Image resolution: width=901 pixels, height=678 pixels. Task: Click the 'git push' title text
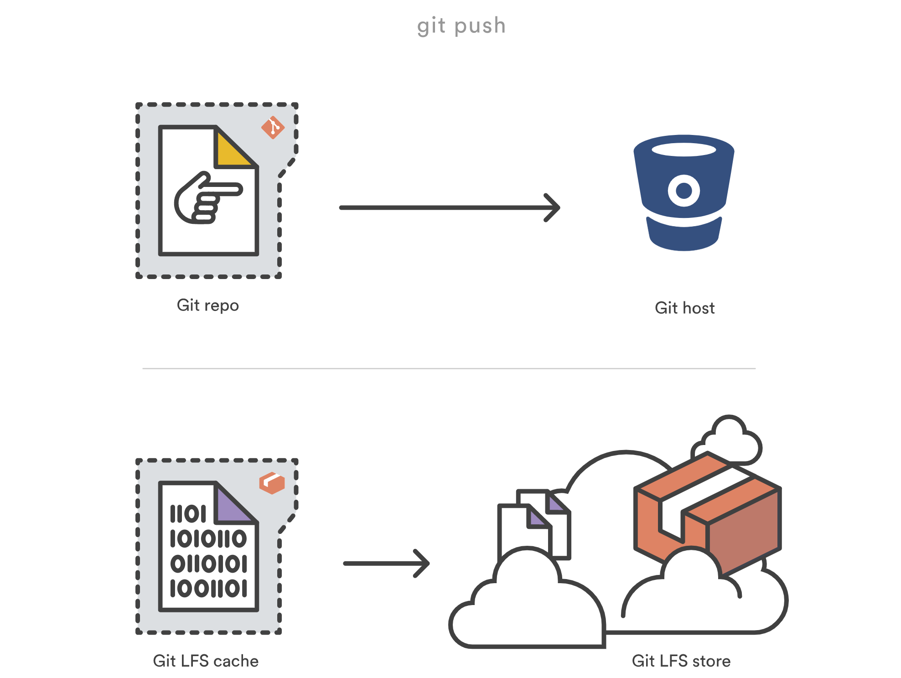pos(461,26)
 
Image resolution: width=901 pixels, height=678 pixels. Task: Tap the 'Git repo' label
pos(207,305)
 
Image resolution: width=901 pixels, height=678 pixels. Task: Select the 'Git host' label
pos(684,308)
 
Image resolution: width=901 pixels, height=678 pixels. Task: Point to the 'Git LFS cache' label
pos(206,661)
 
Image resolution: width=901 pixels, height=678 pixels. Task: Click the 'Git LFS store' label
pos(681,661)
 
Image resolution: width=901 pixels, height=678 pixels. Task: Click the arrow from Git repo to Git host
pos(449,207)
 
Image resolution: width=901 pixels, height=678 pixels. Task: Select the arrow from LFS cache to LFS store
pos(386,564)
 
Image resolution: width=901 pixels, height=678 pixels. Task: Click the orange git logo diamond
pos(273,128)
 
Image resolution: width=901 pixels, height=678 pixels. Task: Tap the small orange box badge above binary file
pos(272,483)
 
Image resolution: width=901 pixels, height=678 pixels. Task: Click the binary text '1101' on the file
pos(188,514)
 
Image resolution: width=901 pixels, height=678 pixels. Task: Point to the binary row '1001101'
pos(208,588)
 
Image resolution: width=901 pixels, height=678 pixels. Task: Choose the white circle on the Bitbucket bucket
pos(684,190)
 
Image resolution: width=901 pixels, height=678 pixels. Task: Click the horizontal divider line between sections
pos(449,368)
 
